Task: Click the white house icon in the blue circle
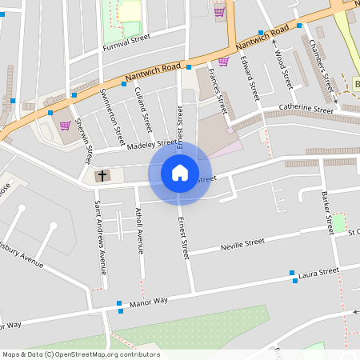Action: click(179, 172)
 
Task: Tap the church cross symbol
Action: click(102, 175)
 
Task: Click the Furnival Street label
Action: click(126, 41)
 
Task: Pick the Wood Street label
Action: click(282, 69)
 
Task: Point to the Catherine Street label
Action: click(306, 108)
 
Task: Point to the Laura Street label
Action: click(318, 273)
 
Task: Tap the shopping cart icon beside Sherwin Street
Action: click(64, 125)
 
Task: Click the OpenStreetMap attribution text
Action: click(81, 354)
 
